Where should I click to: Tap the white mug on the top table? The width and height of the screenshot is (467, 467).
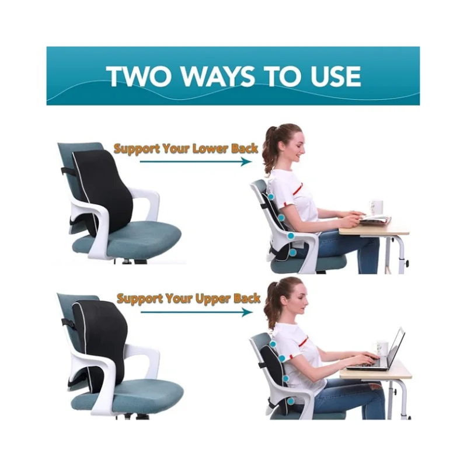[x=376, y=207]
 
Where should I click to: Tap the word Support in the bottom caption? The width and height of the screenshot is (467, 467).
[x=140, y=299]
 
